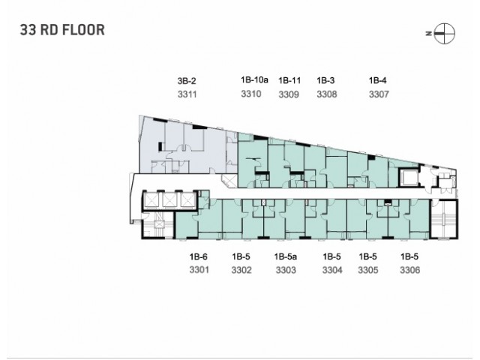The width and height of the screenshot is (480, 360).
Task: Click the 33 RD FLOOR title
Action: (x=62, y=30)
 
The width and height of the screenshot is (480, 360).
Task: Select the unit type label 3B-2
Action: (x=187, y=81)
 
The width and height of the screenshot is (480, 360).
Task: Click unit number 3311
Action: (x=187, y=94)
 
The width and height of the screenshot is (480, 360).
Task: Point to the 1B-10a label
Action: (x=254, y=80)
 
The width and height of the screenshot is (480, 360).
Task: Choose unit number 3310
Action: (x=251, y=94)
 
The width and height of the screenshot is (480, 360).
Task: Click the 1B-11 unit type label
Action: (x=289, y=80)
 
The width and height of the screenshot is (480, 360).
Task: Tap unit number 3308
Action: (x=327, y=94)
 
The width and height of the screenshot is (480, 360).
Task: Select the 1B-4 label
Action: (x=377, y=80)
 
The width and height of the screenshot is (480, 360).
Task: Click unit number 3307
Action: (x=379, y=94)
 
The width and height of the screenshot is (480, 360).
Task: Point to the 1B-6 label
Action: (x=198, y=256)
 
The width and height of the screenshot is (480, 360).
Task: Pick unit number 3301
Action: (x=199, y=270)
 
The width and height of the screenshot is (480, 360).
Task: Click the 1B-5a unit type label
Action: (x=285, y=256)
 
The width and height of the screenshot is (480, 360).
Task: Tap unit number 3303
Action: (x=286, y=270)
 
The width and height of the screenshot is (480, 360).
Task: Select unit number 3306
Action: (x=410, y=270)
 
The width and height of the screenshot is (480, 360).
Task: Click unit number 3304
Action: (x=332, y=270)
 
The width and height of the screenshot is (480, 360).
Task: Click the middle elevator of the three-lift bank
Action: (x=170, y=200)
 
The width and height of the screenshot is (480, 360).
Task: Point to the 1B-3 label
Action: (x=325, y=80)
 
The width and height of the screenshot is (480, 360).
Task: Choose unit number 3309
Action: (x=289, y=94)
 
